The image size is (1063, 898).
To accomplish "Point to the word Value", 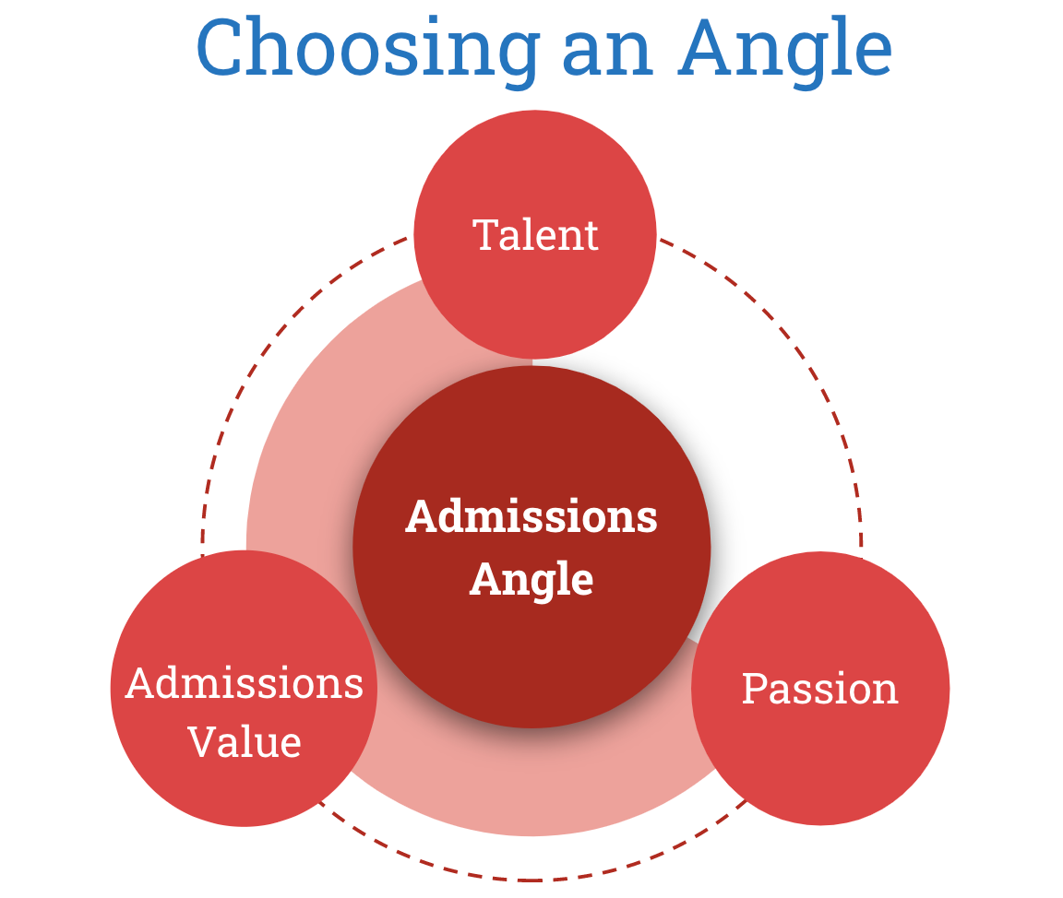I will click(x=245, y=741).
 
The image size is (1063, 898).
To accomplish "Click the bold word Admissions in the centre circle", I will click(x=531, y=516).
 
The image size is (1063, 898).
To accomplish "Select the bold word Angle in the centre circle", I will click(x=531, y=579).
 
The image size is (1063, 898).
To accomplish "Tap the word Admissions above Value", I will click(x=245, y=684).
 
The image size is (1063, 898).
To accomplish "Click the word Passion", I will click(x=820, y=689).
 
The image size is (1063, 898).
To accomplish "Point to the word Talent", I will click(x=535, y=235).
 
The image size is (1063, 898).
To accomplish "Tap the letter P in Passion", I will click(x=754, y=689).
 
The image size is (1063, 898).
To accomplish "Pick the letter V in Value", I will click(x=200, y=741).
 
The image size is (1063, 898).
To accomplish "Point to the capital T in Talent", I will click(x=485, y=235).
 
